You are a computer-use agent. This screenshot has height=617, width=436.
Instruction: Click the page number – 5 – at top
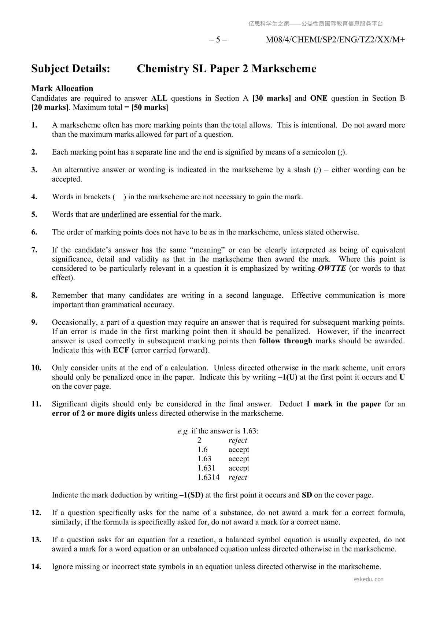218,40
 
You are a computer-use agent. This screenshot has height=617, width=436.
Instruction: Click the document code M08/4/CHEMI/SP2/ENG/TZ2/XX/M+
335,40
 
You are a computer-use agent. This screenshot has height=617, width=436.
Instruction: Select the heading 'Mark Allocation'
62,89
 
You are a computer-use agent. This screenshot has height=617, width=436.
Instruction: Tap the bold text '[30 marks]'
271,98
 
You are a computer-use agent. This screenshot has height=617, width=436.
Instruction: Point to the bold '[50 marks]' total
149,108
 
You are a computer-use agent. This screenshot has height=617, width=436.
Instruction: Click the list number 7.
34,250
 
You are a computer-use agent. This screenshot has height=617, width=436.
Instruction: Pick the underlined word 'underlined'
119,214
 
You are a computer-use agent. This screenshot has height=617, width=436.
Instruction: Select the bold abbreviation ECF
121,350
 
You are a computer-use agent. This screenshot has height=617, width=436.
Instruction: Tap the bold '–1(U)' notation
288,377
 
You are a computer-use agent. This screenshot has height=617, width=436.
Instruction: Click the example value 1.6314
208,477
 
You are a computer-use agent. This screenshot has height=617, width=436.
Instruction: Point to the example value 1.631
206,468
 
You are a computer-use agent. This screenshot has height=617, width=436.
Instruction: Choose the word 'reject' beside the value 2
238,440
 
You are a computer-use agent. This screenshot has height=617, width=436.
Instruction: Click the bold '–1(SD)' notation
191,495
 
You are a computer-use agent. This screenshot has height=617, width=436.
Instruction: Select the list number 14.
36,566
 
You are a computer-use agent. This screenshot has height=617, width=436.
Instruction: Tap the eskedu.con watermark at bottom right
369,579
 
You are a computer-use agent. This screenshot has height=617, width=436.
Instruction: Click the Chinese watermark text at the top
315,24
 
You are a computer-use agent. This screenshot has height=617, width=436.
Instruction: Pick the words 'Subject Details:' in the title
71,69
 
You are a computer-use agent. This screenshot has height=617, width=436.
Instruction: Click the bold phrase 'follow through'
286,341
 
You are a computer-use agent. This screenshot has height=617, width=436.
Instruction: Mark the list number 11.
36,404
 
